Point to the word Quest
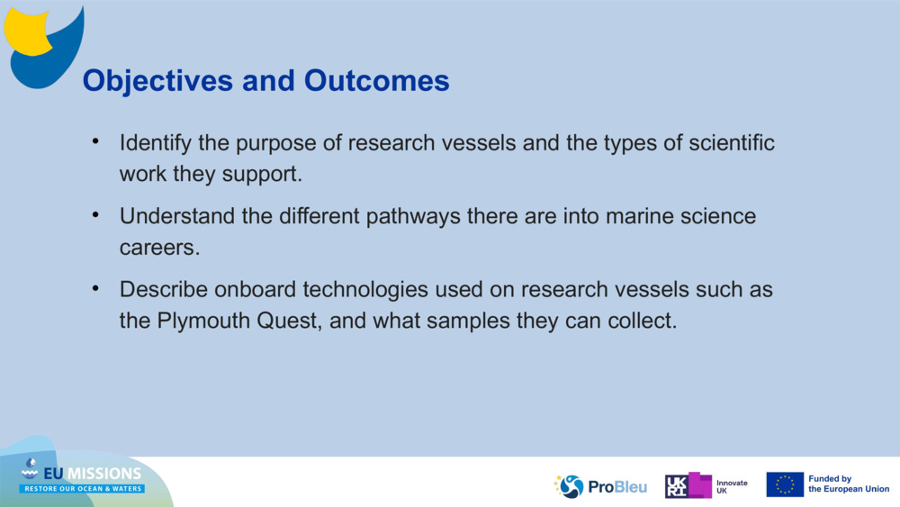click(x=283, y=321)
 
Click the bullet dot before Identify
click(x=95, y=143)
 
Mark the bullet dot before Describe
click(x=95, y=290)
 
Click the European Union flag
click(x=785, y=484)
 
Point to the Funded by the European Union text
click(x=848, y=484)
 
